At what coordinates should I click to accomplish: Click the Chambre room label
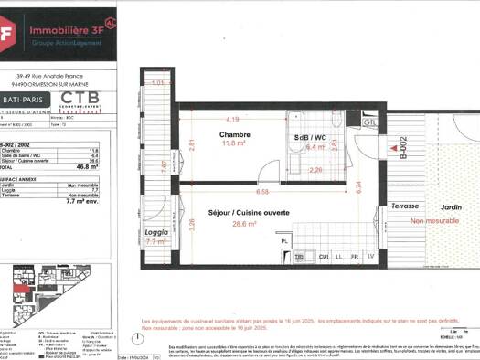pyautogui.click(x=235, y=134)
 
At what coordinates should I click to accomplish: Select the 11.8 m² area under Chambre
pyautogui.click(x=235, y=143)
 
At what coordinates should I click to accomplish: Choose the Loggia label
pyautogui.click(x=156, y=231)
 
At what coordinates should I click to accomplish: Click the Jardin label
pyautogui.click(x=447, y=206)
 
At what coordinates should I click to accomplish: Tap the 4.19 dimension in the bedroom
pyautogui.click(x=234, y=120)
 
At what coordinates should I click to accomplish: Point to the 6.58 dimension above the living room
pyautogui.click(x=263, y=192)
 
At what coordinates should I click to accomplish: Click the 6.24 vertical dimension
pyautogui.click(x=358, y=185)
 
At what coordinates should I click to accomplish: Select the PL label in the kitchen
pyautogui.click(x=285, y=241)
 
